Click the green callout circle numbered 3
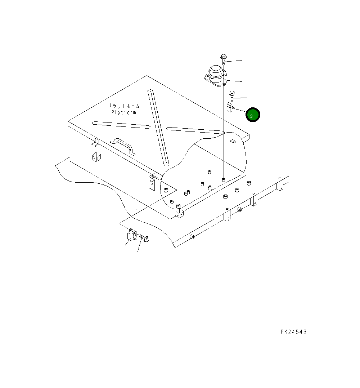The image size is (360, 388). pos(253,115)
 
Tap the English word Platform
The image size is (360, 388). pos(123,112)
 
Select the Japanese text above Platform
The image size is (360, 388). pos(123,106)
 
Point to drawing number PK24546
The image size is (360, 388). pos(293,332)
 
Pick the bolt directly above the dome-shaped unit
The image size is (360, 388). pos(223,59)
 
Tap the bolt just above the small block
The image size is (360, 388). pos(232,95)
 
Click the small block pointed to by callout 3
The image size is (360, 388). pos(229,107)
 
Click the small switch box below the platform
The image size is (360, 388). pos(131,235)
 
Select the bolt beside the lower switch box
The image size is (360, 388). pos(145,238)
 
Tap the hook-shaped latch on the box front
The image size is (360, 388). pos(95,142)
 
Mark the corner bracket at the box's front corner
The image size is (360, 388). pos(179,213)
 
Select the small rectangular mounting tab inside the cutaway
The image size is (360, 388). pos(232,141)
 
